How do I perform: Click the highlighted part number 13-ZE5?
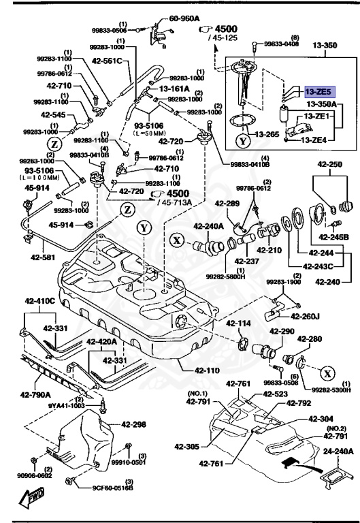(318, 90)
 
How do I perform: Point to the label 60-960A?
(184, 19)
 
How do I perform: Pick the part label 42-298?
(134, 424)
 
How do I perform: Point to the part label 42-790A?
(34, 394)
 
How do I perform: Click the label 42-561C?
(107, 61)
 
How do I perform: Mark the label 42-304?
(321, 419)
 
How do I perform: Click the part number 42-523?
(275, 394)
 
